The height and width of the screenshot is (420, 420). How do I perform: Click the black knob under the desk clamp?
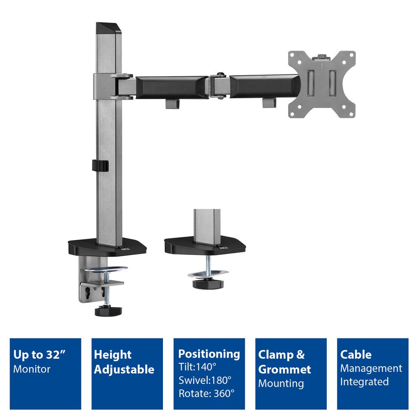point(108,311)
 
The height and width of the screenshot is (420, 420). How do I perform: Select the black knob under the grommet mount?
point(205,283)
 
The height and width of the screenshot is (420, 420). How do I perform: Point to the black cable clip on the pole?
point(100,165)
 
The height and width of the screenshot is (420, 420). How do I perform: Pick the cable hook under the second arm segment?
point(269,102)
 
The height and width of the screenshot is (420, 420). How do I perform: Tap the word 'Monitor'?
point(32,369)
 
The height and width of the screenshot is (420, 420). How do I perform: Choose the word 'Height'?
point(113,354)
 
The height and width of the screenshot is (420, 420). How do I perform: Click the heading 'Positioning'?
point(209,354)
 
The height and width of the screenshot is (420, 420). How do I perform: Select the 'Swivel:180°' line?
point(205,381)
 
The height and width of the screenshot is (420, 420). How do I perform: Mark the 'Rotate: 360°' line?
point(206,394)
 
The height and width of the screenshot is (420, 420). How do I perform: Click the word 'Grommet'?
point(284,370)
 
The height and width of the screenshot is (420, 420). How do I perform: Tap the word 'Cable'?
point(356,354)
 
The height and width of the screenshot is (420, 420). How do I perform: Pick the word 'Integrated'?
point(364,382)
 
